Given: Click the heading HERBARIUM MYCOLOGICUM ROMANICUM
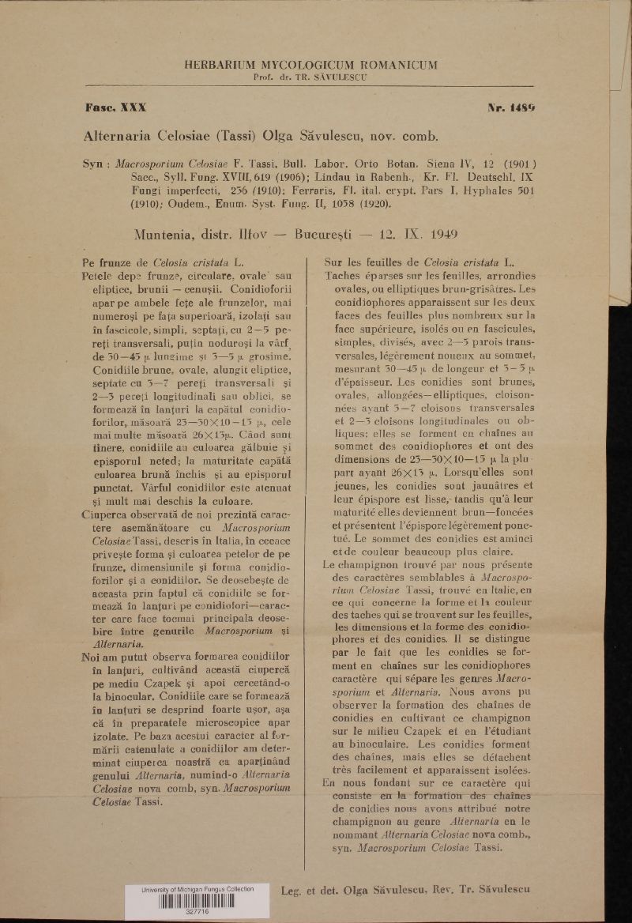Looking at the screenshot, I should [x=310, y=65].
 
